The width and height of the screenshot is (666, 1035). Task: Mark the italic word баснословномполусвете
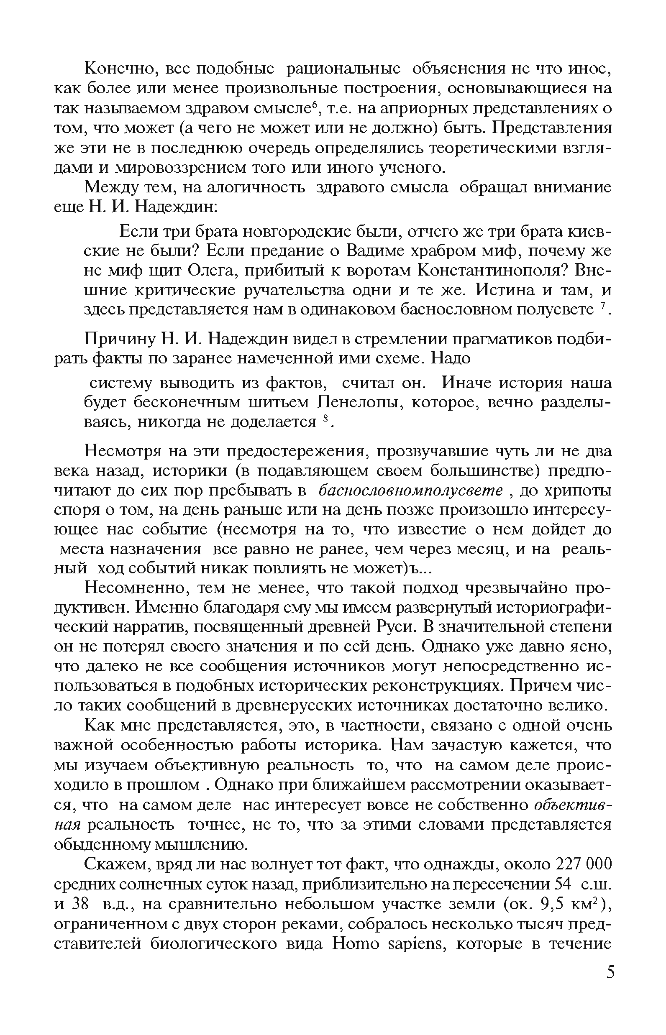click(x=410, y=491)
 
